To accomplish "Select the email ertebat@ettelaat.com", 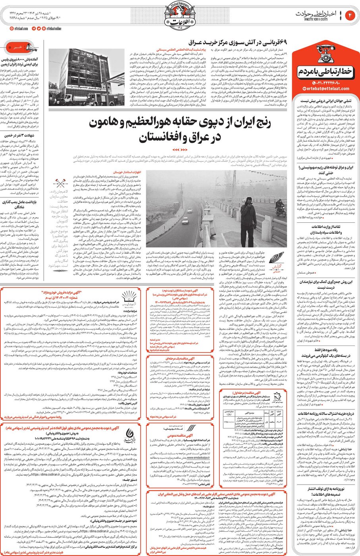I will [x=328, y=89].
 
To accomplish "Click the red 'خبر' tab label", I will [x=18, y=47].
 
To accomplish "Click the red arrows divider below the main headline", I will [x=180, y=149].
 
